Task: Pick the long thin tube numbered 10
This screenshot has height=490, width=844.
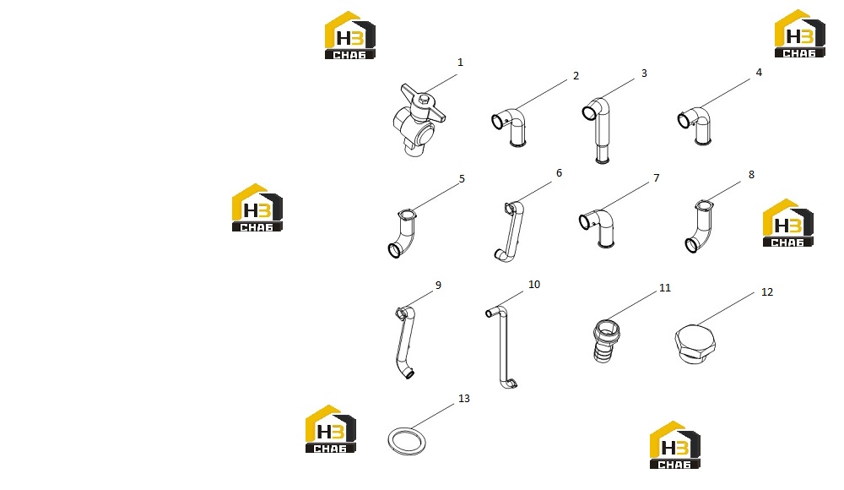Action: (x=503, y=345)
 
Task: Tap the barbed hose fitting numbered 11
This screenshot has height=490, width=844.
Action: (x=606, y=341)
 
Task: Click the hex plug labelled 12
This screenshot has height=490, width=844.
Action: (x=695, y=343)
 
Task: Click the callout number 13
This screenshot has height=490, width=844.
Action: (x=464, y=399)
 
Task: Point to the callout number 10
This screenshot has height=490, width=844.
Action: (x=534, y=284)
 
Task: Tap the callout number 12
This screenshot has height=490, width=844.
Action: (x=767, y=291)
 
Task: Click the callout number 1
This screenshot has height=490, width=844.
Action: (x=460, y=63)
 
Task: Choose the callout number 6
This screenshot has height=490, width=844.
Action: (x=559, y=172)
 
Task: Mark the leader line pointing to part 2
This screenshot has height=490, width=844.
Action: (x=541, y=95)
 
